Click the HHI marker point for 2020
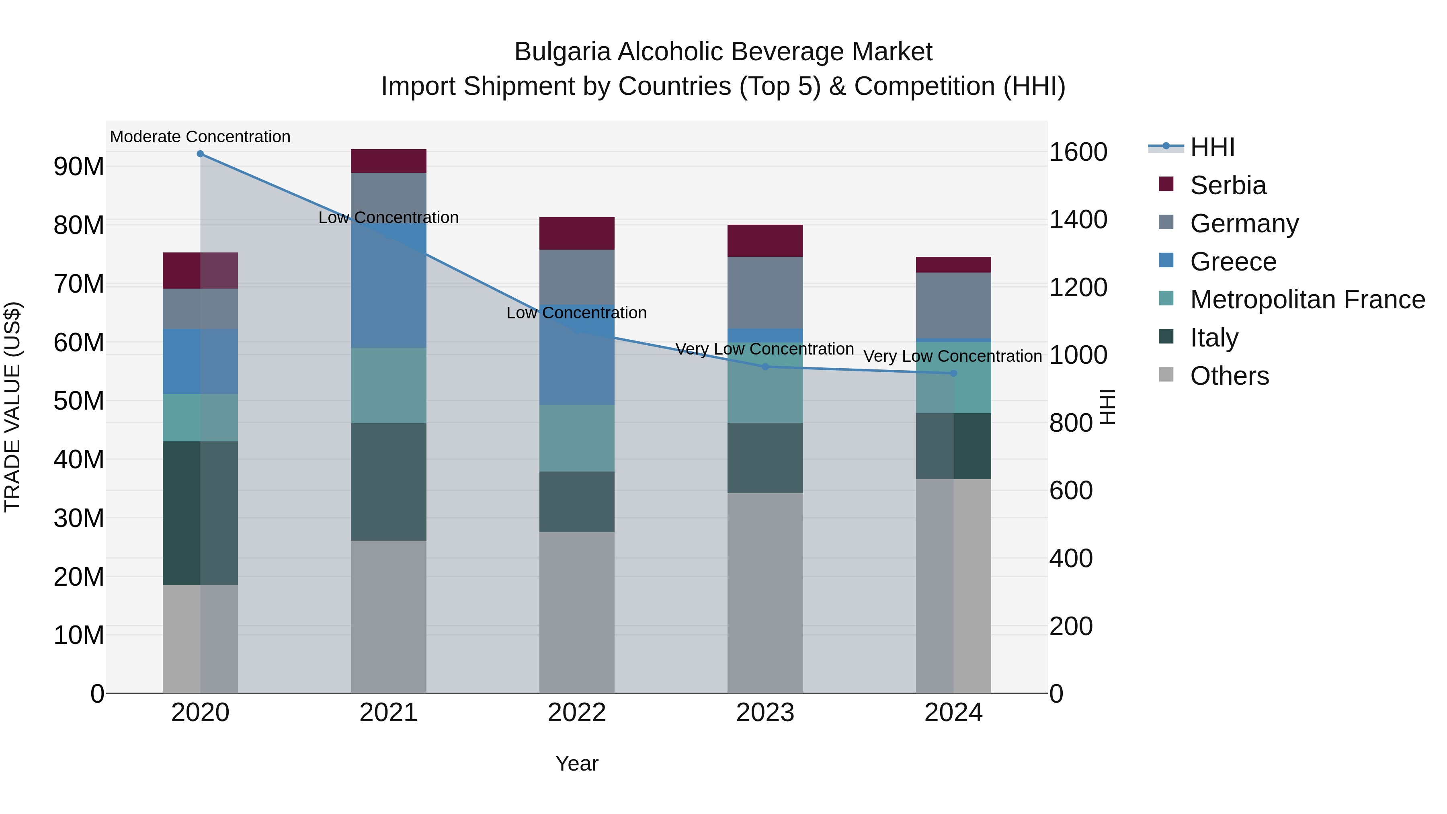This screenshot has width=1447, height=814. coord(200,154)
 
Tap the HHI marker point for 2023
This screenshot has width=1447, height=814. coord(764,367)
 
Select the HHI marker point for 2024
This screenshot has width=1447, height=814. coord(953,373)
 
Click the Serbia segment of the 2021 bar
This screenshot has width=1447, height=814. coord(388,161)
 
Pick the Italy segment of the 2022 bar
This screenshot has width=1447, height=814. coord(576,502)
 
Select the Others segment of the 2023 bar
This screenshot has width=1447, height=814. coord(764,593)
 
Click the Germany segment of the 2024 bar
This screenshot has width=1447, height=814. coord(953,305)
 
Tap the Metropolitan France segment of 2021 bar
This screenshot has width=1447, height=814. coord(388,385)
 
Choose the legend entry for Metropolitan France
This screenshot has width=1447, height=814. coord(1307,300)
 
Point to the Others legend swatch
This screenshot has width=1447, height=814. coord(1166,375)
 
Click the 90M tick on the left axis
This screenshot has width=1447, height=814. coord(79,167)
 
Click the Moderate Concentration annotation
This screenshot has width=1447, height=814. coord(200,137)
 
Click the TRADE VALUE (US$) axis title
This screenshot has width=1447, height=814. coord(12,407)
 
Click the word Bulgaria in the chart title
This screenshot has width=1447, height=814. coord(562,52)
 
